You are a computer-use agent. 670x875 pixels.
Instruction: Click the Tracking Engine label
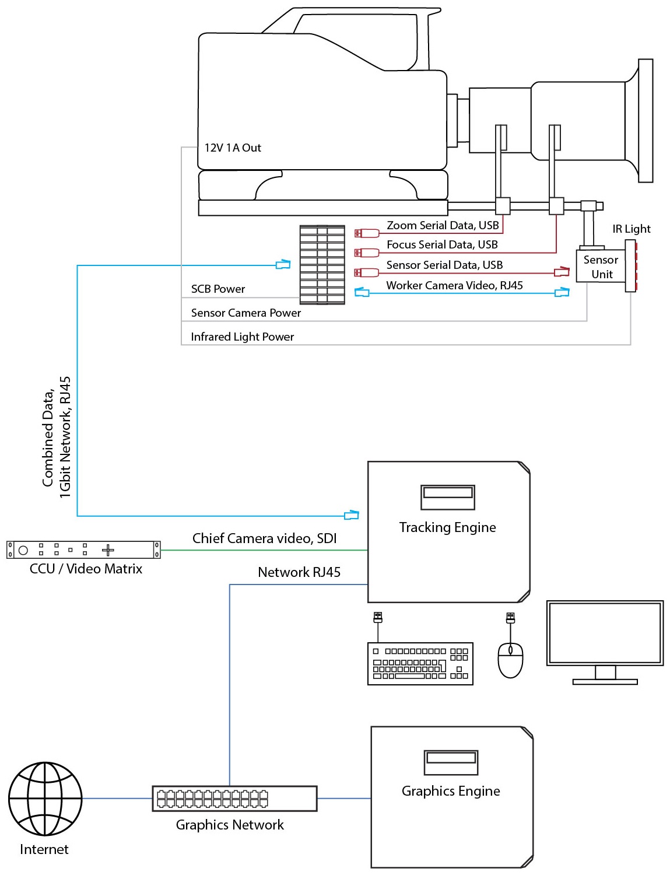point(447,527)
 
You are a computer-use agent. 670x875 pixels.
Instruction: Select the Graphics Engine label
point(451,791)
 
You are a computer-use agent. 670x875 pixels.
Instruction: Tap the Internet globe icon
point(45,799)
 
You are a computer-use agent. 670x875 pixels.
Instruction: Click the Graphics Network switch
point(234,799)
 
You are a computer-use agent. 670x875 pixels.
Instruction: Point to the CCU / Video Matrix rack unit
point(83,549)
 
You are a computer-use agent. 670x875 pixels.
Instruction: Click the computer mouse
point(510,660)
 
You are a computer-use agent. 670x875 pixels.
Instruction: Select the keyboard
point(420,664)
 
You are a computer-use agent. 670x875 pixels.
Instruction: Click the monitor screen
point(605,633)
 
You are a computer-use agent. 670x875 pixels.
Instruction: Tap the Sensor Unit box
point(601,267)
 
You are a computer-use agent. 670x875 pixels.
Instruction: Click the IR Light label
point(631,229)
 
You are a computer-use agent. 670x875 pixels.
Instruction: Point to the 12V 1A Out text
point(233,148)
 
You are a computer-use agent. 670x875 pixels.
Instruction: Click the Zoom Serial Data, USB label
point(443,226)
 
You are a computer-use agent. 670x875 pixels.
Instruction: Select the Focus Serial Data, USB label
point(442,245)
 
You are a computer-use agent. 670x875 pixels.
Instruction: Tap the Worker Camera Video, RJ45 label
point(454,285)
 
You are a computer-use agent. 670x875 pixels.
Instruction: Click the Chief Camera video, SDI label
point(264,538)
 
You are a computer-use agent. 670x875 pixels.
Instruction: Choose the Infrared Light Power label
point(242,337)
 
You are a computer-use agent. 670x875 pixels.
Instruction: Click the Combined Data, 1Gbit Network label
point(57,437)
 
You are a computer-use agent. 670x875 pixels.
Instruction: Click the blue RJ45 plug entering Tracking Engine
point(352,515)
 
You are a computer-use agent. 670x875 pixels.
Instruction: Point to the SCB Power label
point(218,289)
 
